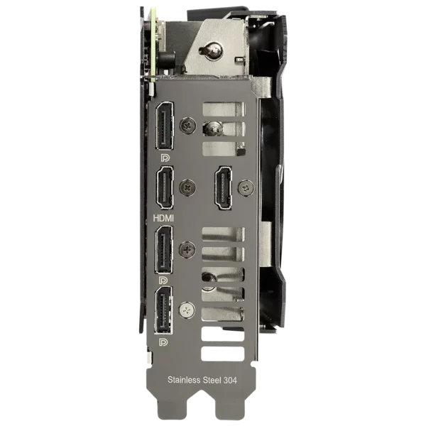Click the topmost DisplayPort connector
pos(165,126)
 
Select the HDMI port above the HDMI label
pos(165,187)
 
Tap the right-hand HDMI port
pos(224,187)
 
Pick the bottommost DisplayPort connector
pos(163,310)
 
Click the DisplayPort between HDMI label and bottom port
pos(164,250)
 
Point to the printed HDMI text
pos(163,218)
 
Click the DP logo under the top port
pos(165,158)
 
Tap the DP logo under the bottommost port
pos(163,342)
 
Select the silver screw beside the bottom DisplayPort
pos(187,310)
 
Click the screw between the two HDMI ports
pos(187,187)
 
